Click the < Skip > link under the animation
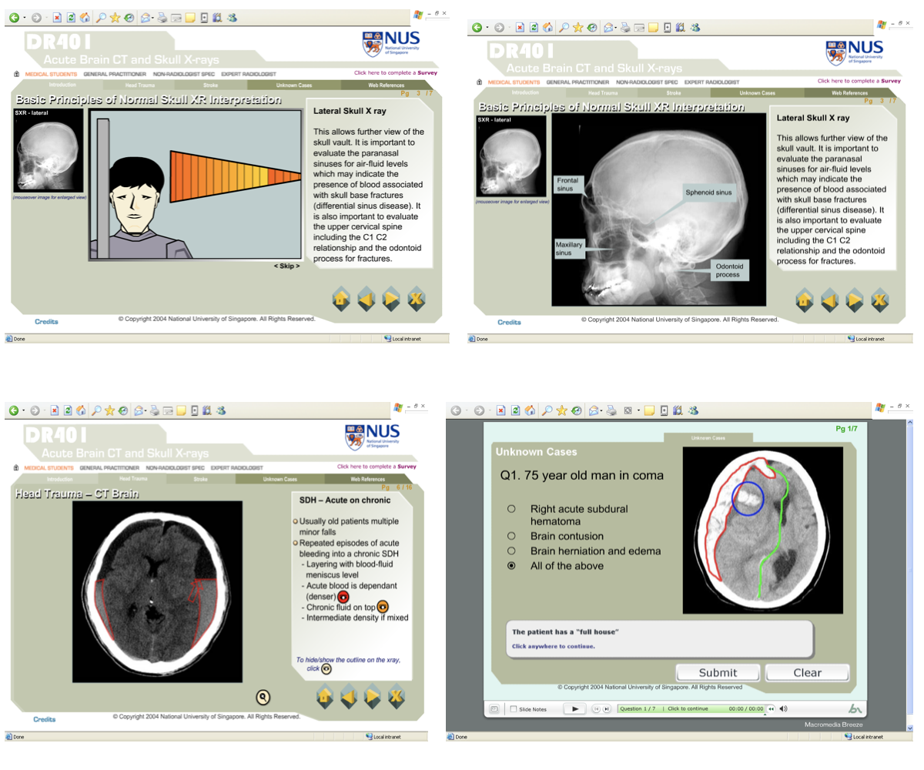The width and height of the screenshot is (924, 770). pyautogui.click(x=286, y=266)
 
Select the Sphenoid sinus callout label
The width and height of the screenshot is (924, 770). pyautogui.click(x=709, y=192)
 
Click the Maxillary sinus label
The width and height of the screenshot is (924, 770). pyautogui.click(x=569, y=249)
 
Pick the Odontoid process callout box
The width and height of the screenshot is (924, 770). pyautogui.click(x=727, y=270)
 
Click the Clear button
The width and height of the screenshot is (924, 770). pyautogui.click(x=807, y=672)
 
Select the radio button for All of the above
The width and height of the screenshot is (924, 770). pyautogui.click(x=511, y=566)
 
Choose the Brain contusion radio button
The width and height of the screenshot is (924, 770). pyautogui.click(x=511, y=536)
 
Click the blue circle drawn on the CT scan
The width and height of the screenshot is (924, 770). pyautogui.click(x=747, y=499)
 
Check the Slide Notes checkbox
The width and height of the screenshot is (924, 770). pyautogui.click(x=514, y=709)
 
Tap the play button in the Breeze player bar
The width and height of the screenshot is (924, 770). pyautogui.click(x=574, y=708)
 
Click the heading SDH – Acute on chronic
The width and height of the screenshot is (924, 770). pyautogui.click(x=344, y=500)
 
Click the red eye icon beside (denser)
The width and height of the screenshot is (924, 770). pyautogui.click(x=343, y=596)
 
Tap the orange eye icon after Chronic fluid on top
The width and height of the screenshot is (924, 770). pyautogui.click(x=383, y=607)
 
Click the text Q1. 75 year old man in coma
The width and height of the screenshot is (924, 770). pyautogui.click(x=581, y=475)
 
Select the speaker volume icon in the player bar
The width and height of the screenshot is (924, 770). pyautogui.click(x=783, y=708)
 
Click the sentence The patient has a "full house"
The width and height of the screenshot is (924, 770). pyautogui.click(x=566, y=632)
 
